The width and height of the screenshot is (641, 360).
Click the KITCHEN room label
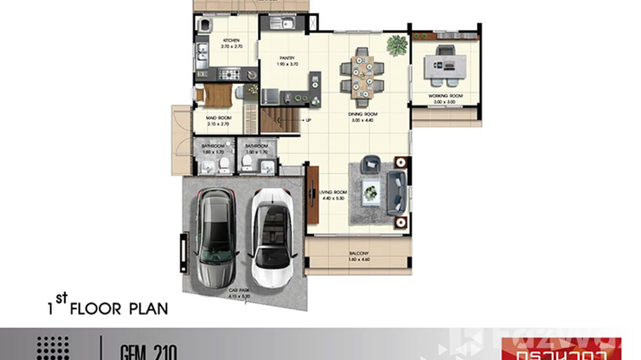[232, 41]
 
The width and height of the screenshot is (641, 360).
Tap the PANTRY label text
[287, 58]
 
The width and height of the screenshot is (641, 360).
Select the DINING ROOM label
[363, 115]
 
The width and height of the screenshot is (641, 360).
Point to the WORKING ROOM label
[445, 96]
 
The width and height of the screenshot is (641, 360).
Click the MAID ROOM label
[218, 118]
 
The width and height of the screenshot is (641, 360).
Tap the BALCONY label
[359, 254]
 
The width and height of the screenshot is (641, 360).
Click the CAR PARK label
[237, 290]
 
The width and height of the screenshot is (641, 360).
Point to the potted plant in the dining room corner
[397, 46]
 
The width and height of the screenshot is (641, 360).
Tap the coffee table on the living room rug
[371, 192]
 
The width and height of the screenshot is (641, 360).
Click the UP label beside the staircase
[308, 120]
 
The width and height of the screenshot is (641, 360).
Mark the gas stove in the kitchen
[229, 74]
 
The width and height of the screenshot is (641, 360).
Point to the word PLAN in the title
[149, 308]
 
